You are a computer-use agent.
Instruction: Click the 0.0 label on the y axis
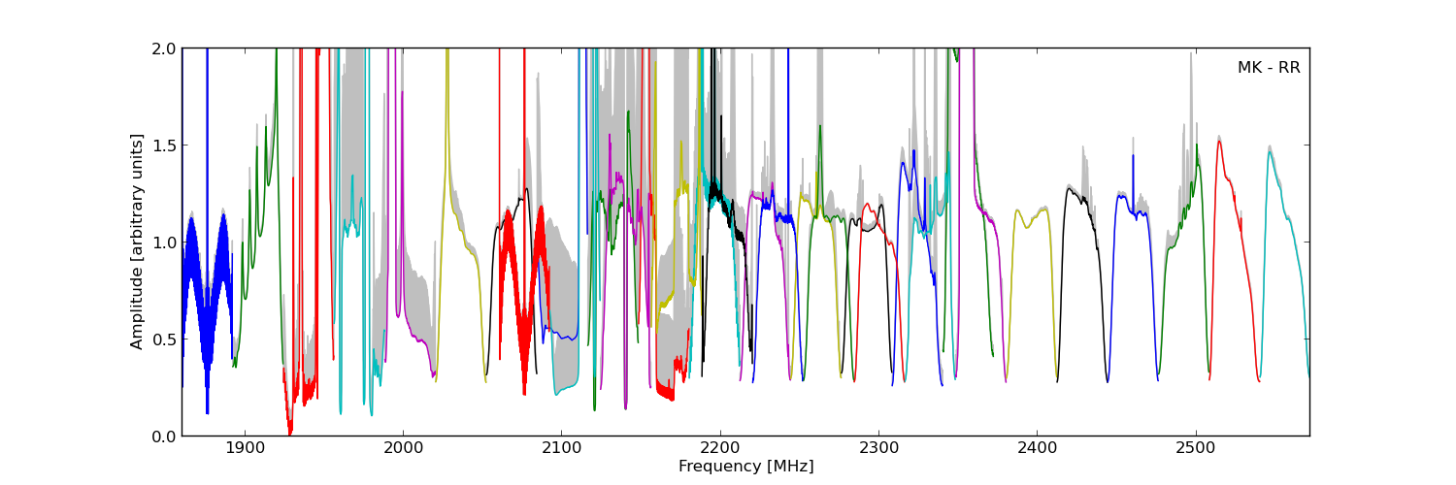click(x=164, y=436)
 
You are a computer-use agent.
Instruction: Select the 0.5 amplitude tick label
click(x=164, y=339)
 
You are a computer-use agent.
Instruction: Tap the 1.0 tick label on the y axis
click(x=164, y=242)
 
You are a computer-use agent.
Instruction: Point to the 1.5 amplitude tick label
click(x=164, y=145)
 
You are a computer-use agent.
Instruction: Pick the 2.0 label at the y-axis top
click(x=164, y=48)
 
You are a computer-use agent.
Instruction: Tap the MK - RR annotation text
click(x=1268, y=68)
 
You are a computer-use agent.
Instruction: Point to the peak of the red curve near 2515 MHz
click(x=1218, y=142)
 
